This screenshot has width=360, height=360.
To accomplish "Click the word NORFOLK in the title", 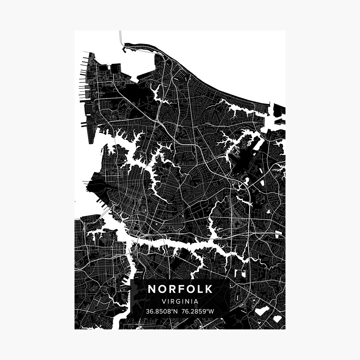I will [180, 289].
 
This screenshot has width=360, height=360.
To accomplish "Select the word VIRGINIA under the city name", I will [180, 301].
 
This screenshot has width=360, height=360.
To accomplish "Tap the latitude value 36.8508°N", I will [161, 311].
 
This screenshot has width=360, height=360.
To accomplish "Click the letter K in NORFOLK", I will [208, 289].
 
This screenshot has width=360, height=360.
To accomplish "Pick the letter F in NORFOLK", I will [180, 289].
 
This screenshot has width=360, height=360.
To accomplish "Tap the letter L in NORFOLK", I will [200, 289].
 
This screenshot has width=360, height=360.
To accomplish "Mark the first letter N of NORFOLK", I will [152, 289].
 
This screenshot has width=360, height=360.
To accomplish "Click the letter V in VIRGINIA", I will [164, 301].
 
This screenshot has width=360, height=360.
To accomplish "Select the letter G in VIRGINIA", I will [178, 301].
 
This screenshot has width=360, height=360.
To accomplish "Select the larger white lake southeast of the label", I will [262, 311].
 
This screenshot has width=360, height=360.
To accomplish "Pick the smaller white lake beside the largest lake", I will [277, 319].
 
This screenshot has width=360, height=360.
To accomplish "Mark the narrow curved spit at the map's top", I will [144, 46].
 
